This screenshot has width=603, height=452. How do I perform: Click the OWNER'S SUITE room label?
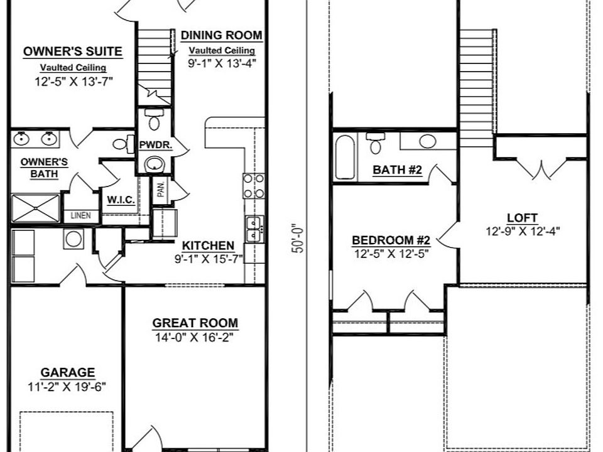click(x=72, y=52)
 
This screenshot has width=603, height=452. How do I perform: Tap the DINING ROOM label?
click(x=221, y=36)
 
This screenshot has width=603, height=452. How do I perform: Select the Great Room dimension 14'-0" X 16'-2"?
click(x=195, y=338)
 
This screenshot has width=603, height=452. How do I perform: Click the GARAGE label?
click(x=68, y=372)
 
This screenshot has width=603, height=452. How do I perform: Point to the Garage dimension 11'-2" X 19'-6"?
click(x=68, y=385)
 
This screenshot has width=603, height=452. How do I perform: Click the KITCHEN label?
click(x=208, y=245)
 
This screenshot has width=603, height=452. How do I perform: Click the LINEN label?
click(x=80, y=215)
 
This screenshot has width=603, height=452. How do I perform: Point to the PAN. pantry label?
click(x=160, y=191)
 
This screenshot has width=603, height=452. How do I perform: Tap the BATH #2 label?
click(x=397, y=169)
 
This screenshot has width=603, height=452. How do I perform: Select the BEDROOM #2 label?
click(x=390, y=240)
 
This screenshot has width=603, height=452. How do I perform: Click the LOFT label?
click(x=522, y=218)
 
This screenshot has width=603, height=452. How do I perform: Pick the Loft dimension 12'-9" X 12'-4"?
click(x=523, y=230)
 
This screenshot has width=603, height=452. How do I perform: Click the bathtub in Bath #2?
click(x=345, y=157)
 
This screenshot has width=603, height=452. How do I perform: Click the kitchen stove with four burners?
click(x=253, y=186)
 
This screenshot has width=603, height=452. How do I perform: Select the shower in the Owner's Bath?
click(x=35, y=208)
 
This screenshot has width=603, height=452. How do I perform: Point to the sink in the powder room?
click(x=154, y=165)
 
